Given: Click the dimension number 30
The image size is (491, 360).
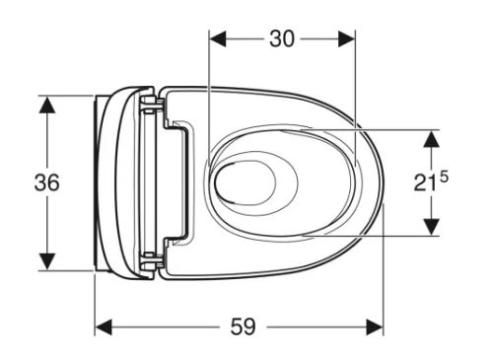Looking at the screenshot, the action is (x=282, y=39).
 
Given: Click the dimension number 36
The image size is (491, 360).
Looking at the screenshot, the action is (x=47, y=182).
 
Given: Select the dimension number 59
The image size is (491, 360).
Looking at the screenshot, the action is (x=243, y=326).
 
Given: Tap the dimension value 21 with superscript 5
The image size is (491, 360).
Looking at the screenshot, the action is (x=431, y=181).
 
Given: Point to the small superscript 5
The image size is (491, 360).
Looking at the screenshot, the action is (x=444, y=178).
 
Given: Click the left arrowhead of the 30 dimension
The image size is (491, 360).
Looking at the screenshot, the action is (x=218, y=39).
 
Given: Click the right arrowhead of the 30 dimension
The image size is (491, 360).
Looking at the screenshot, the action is (x=346, y=39).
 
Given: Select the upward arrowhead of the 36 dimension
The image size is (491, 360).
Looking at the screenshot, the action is (x=47, y=106).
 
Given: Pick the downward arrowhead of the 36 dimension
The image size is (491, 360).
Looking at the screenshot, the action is (x=47, y=261).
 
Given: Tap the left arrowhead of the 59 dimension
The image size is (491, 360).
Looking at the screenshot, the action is (x=104, y=327).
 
